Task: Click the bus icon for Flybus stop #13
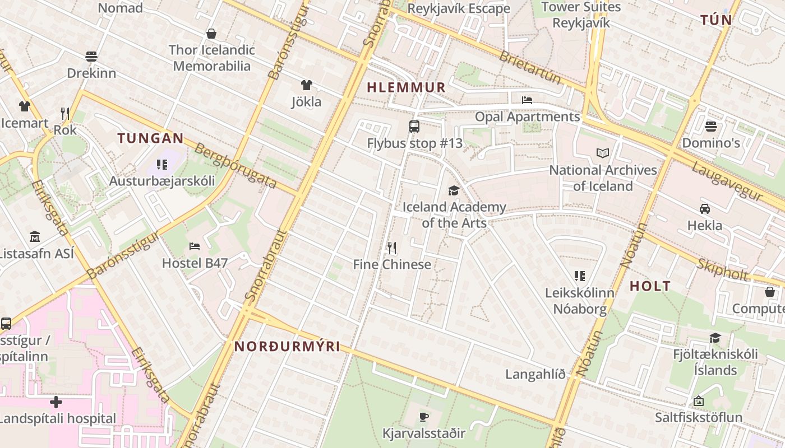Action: pyautogui.click(x=414, y=127)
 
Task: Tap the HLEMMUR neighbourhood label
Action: pyautogui.click(x=406, y=87)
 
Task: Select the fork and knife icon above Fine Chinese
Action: pyautogui.click(x=392, y=248)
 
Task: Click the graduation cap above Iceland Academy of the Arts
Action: pyautogui.click(x=454, y=190)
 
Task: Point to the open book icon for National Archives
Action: pyautogui.click(x=603, y=153)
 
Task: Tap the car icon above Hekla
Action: pyautogui.click(x=705, y=209)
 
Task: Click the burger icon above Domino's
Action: pyautogui.click(x=711, y=126)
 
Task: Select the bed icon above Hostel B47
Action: pyautogui.click(x=195, y=246)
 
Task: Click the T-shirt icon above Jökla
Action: pyautogui.click(x=306, y=85)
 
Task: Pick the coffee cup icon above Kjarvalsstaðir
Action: pyautogui.click(x=424, y=417)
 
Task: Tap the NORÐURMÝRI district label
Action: pyautogui.click(x=287, y=347)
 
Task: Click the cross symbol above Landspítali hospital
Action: pyautogui.click(x=56, y=402)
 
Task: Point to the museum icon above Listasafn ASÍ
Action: pyautogui.click(x=35, y=236)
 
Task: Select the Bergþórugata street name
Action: pyautogui.click(x=235, y=166)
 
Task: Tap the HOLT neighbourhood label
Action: pyautogui.click(x=650, y=286)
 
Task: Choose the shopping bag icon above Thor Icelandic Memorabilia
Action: pyautogui.click(x=211, y=34)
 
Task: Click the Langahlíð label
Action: pyautogui.click(x=535, y=374)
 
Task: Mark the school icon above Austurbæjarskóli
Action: pyautogui.click(x=162, y=164)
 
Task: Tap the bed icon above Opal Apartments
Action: pyautogui.click(x=527, y=100)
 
